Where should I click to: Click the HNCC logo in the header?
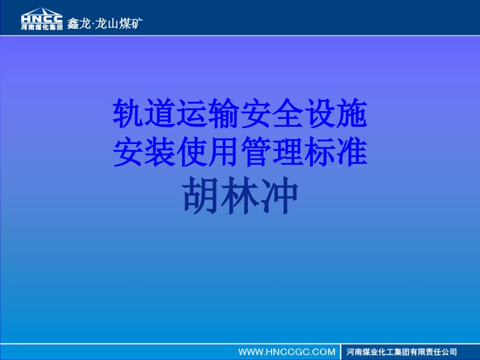(42, 16)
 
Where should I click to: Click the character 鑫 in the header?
(73, 23)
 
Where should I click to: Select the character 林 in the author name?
(239, 197)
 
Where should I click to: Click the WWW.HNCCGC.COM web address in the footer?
(286, 352)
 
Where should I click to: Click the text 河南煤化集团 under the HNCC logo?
(42, 27)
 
